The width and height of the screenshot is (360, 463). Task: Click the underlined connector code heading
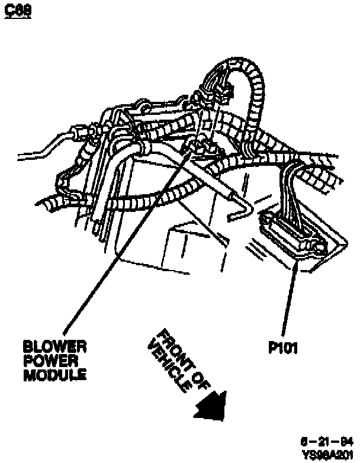click(17, 11)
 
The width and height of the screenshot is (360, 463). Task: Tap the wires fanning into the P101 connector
click(292, 189)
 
